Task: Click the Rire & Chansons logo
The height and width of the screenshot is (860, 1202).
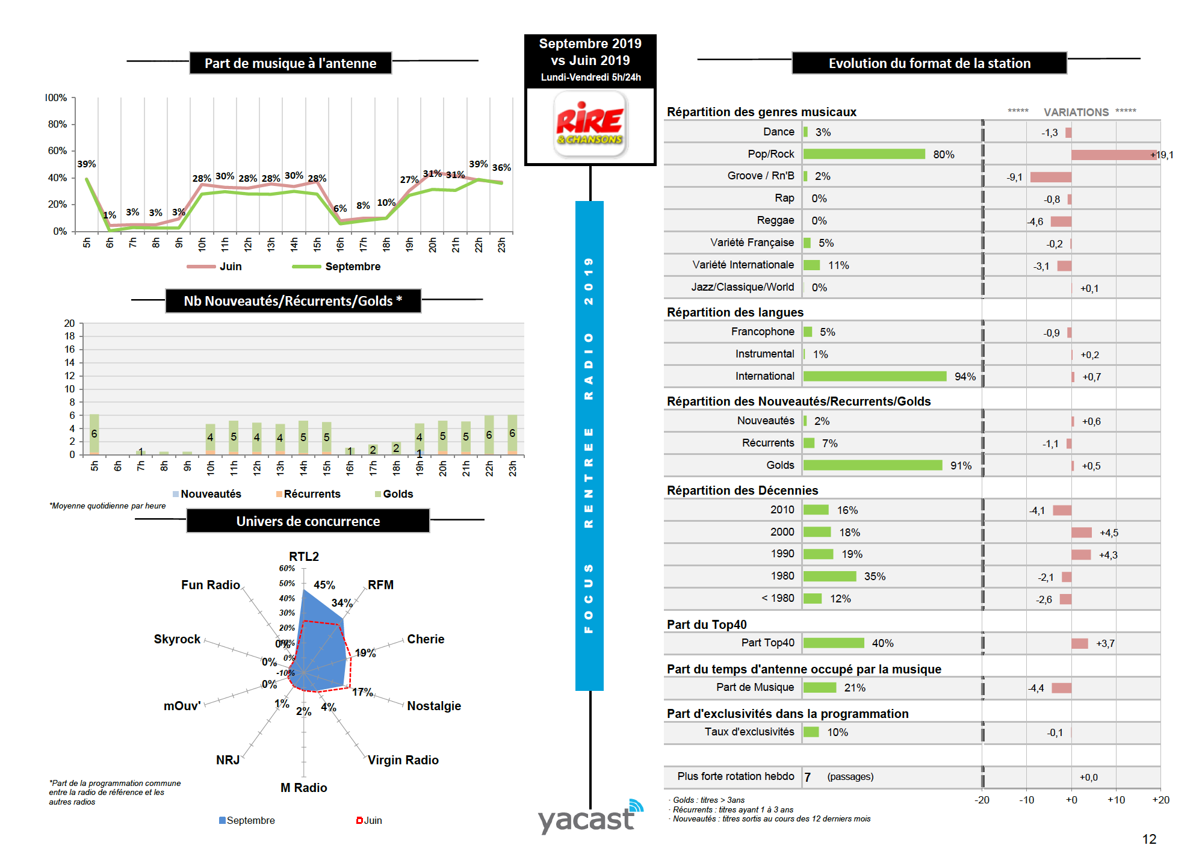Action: (589, 125)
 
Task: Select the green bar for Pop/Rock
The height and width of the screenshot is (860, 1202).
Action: (863, 154)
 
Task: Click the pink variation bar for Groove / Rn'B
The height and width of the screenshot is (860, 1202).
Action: (1050, 177)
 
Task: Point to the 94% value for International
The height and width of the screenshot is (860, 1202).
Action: (964, 377)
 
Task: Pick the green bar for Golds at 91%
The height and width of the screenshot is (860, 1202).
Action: (872, 465)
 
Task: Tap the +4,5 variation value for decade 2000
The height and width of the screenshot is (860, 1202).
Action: (1108, 533)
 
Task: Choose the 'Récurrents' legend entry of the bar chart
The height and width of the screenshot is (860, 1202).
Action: (311, 494)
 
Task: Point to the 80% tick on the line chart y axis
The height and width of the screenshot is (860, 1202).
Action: (58, 124)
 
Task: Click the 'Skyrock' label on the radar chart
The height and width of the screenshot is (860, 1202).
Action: (177, 639)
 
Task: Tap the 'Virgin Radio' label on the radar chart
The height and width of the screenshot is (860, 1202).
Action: (403, 760)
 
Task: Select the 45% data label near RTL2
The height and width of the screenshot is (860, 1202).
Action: (324, 585)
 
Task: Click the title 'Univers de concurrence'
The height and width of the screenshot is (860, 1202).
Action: (308, 521)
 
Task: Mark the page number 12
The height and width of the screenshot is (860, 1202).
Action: (1148, 839)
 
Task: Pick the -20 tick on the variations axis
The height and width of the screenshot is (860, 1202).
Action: (982, 800)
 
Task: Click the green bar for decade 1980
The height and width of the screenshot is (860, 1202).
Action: (829, 577)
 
